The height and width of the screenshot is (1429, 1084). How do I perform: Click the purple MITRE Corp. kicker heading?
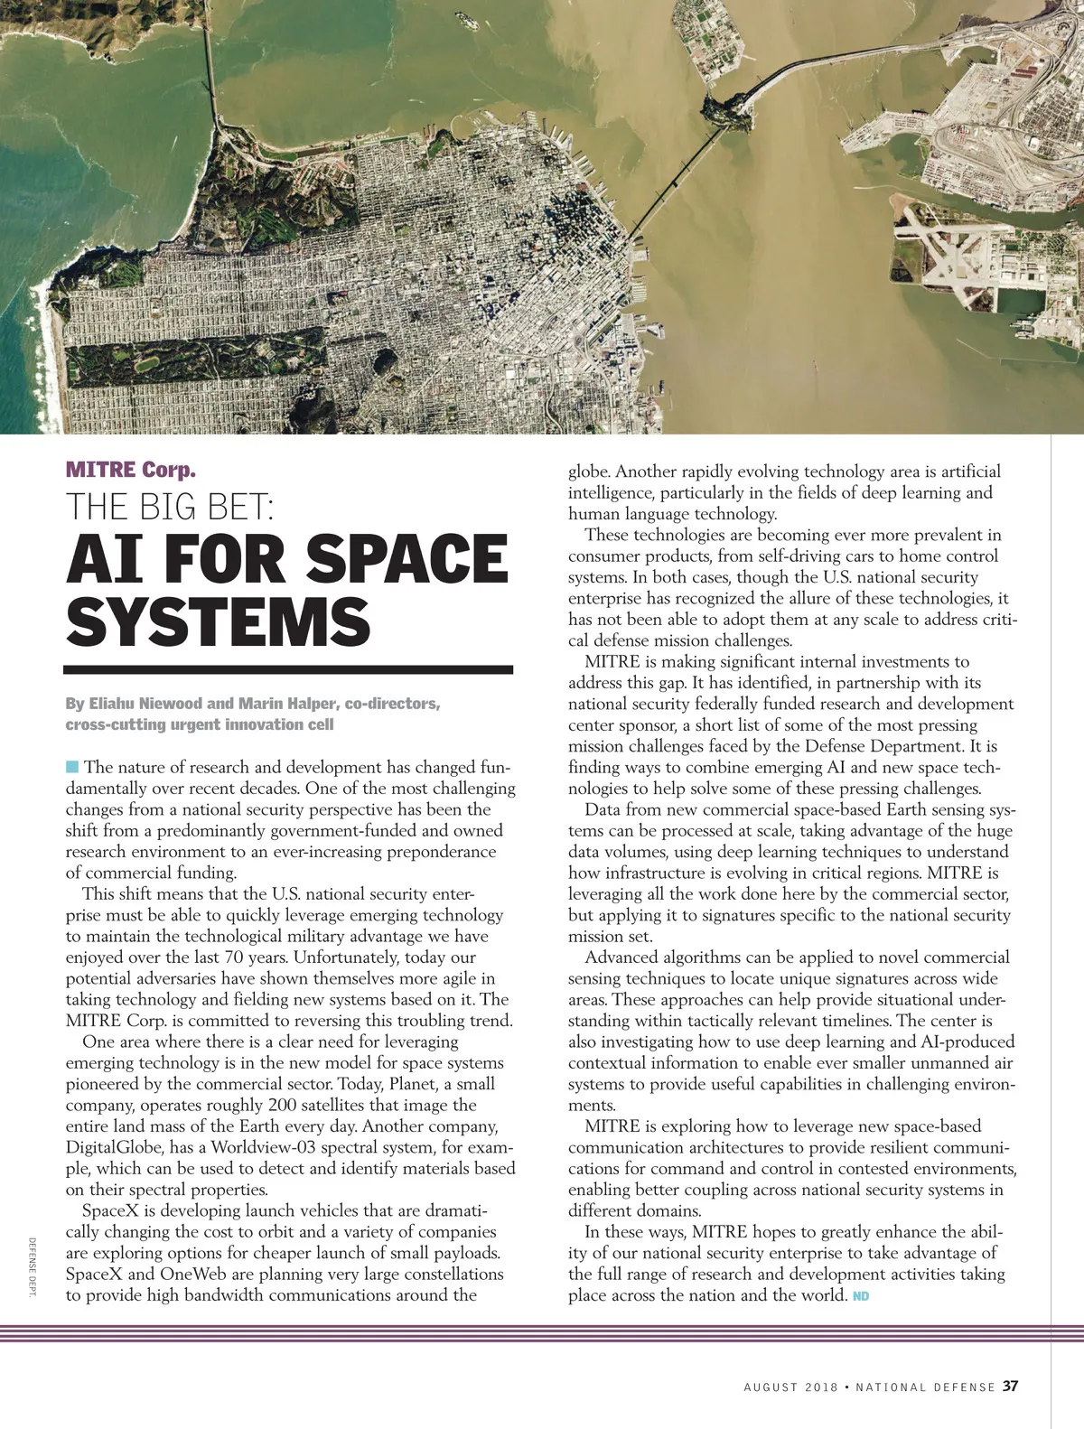pos(130,470)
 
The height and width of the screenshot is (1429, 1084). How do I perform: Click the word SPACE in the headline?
pos(407,559)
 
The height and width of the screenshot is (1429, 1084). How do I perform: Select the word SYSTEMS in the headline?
pos(218,621)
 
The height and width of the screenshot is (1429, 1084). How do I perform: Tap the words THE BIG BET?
pos(169,508)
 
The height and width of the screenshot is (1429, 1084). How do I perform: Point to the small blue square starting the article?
pos(72,767)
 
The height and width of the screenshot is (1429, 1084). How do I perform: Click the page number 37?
pos(1011,1386)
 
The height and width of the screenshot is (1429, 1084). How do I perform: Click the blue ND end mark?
pos(860,1297)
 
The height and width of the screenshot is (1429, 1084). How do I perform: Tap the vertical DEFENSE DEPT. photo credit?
pos(32,1267)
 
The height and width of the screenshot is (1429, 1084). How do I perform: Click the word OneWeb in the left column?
pos(192,1274)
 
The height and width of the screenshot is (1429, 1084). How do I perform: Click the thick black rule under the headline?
pos(288,670)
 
